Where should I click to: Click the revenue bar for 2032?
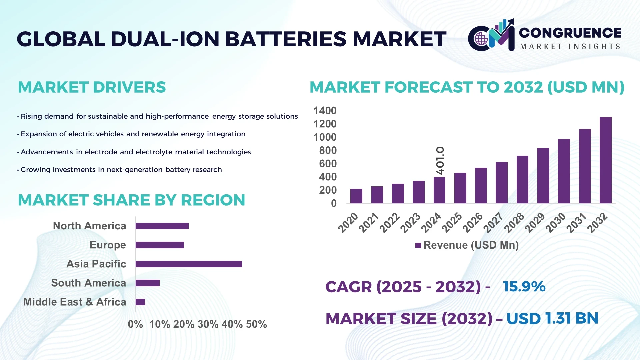click(x=605, y=160)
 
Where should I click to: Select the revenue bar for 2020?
click(x=356, y=196)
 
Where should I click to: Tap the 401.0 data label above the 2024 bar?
click(x=440, y=160)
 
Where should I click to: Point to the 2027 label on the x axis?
click(x=493, y=222)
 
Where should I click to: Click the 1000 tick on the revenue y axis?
click(x=325, y=137)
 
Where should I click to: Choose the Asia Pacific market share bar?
click(x=189, y=264)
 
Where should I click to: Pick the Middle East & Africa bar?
click(x=140, y=302)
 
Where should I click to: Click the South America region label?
click(x=88, y=283)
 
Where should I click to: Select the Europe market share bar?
click(x=160, y=245)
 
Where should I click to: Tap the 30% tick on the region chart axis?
click(x=208, y=324)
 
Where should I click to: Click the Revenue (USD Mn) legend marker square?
click(x=418, y=245)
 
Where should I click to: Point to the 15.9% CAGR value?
click(x=524, y=287)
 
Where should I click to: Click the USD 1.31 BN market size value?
click(x=552, y=318)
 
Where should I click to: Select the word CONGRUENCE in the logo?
click(x=570, y=33)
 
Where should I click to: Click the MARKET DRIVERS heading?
click(x=92, y=87)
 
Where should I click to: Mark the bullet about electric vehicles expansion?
click(x=133, y=134)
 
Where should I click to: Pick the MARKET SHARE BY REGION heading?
click(x=131, y=200)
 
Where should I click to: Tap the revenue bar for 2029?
click(x=543, y=176)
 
